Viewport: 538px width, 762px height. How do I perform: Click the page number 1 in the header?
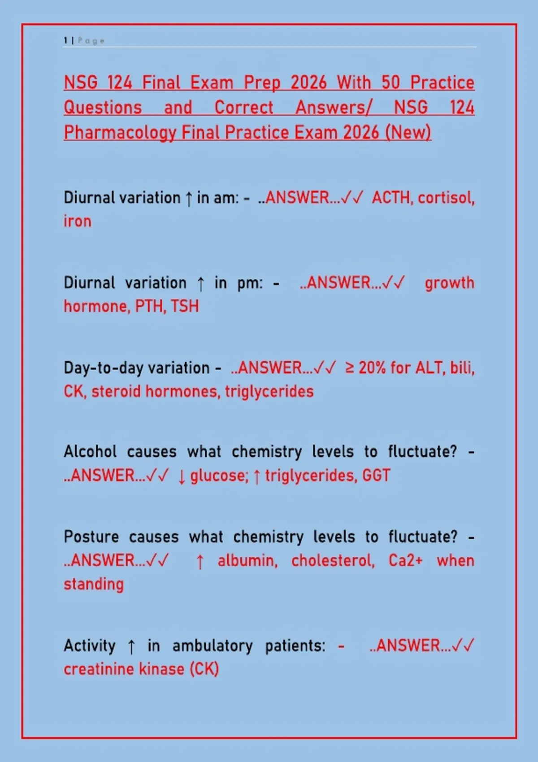pyautogui.click(x=65, y=41)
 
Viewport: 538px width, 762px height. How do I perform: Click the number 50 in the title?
pyautogui.click(x=390, y=82)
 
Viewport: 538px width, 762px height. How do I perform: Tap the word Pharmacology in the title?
pyautogui.click(x=120, y=133)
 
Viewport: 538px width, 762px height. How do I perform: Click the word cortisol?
pyautogui.click(x=446, y=198)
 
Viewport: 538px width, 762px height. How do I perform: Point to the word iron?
pyautogui.click(x=78, y=221)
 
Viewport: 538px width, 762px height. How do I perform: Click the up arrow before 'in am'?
pyautogui.click(x=189, y=199)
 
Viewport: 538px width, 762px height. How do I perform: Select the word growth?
pyautogui.click(x=450, y=283)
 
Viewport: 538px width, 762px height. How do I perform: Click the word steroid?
pyautogui.click(x=116, y=391)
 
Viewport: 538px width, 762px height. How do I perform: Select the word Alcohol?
pyautogui.click(x=90, y=451)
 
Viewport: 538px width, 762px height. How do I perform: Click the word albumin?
pyautogui.click(x=247, y=561)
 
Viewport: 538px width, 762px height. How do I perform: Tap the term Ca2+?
pyautogui.click(x=406, y=561)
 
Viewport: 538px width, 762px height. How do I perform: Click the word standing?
pyautogui.click(x=94, y=584)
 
